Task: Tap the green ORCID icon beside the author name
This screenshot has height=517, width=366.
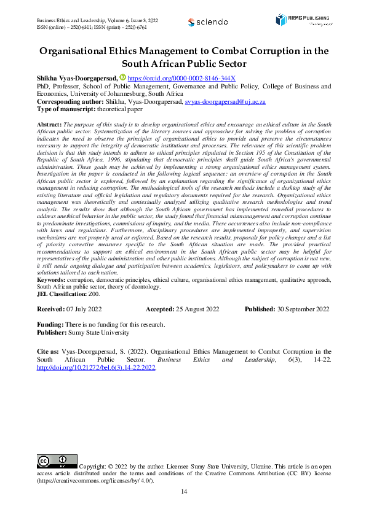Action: coord(122,78)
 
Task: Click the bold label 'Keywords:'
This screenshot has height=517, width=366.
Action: coord(54,279)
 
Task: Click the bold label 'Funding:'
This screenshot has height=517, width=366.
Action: coord(50,324)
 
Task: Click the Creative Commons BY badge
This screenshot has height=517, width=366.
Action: coord(57,461)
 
